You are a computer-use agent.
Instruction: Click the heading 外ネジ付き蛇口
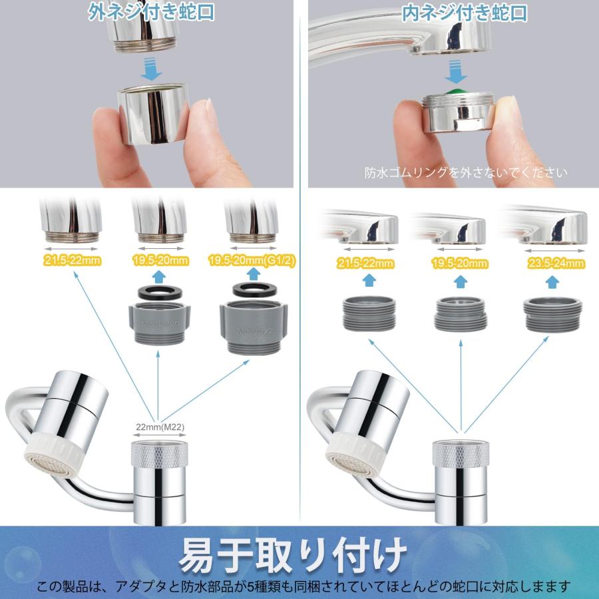[152, 13]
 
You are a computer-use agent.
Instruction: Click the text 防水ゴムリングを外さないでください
[466, 172]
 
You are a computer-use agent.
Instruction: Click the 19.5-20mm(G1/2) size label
[250, 260]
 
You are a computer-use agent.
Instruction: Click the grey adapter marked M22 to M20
[158, 323]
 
